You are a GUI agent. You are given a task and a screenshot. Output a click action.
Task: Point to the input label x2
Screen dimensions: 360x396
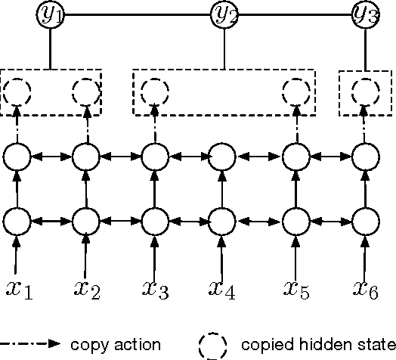[88, 290]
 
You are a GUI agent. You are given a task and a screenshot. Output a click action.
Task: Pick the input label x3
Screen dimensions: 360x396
[156, 290]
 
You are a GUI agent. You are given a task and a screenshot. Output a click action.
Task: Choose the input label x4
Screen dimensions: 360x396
[223, 290]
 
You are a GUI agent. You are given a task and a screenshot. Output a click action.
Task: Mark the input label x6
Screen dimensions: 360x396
[366, 290]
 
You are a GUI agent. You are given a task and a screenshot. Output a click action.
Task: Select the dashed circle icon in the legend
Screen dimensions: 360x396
[212, 345]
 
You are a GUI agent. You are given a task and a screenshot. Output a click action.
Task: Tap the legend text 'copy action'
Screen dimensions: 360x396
[115, 345]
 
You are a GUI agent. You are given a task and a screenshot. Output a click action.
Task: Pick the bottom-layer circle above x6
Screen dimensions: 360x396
[364, 222]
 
